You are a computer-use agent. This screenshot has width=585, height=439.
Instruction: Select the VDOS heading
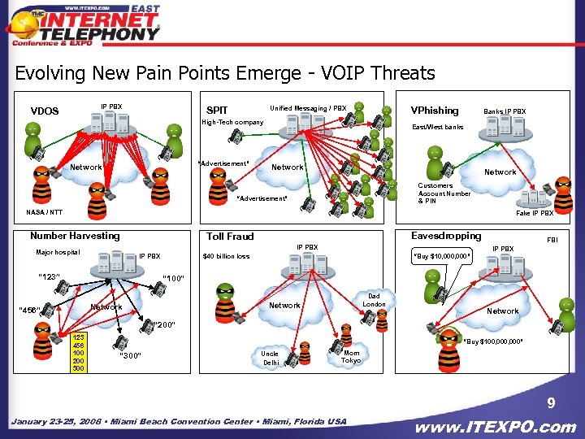tap(45, 111)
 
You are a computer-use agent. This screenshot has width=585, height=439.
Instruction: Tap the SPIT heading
tap(218, 111)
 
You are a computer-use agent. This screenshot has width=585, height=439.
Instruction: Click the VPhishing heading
tap(435, 111)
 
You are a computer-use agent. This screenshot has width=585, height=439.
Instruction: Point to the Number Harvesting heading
tap(75, 236)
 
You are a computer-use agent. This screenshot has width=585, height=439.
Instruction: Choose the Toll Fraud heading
tap(230, 237)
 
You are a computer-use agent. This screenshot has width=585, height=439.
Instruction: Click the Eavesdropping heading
tap(446, 236)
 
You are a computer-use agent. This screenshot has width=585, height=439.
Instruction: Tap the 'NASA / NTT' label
tap(44, 212)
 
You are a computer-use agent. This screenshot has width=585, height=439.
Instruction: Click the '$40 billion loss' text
tap(226, 257)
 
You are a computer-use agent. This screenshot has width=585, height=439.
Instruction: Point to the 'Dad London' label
tap(374, 300)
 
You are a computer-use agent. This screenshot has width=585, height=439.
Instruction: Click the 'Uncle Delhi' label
tap(270, 359)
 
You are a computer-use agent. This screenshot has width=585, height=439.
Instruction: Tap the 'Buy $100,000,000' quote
tap(493, 341)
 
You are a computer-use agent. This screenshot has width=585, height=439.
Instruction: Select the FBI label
tap(552, 241)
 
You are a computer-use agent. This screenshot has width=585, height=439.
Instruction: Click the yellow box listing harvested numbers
tap(79, 352)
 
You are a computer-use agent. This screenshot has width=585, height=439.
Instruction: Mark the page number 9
tap(550, 402)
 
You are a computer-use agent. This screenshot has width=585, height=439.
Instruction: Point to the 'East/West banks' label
tap(437, 128)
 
